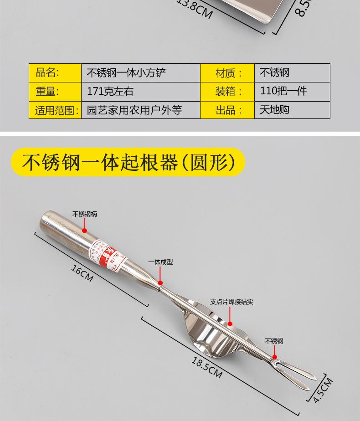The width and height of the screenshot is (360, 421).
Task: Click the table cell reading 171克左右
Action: point(140,91)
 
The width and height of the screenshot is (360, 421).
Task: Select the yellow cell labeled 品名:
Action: point(55,72)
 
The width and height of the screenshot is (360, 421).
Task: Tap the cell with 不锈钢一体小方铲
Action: point(140,72)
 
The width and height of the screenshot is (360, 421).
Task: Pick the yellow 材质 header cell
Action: point(227,72)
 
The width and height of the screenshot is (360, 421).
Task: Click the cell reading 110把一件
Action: point(292,91)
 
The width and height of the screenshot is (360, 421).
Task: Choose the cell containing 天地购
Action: point(292,110)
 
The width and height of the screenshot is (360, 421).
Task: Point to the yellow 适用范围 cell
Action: point(55,110)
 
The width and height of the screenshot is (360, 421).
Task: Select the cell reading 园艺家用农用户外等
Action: point(140,110)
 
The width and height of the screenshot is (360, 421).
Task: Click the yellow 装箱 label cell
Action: point(227,91)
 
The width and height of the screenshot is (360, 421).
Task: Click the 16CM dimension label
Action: point(82,272)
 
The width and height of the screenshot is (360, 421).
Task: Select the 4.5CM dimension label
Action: point(323,390)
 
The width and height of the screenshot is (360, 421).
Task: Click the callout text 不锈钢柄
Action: point(85,214)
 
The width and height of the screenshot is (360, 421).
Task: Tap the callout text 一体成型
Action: point(160,262)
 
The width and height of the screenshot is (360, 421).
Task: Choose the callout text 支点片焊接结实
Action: point(231,302)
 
